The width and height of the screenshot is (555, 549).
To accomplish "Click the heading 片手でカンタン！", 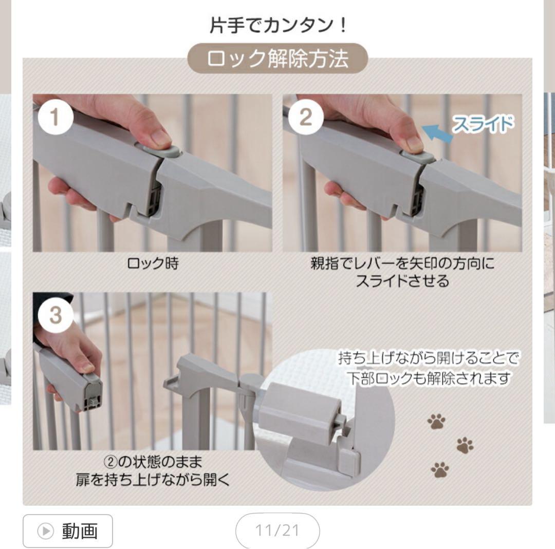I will tap(278, 25).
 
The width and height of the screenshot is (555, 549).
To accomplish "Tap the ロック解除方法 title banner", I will tap(278, 59).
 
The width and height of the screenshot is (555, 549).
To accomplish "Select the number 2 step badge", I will tap(305, 118).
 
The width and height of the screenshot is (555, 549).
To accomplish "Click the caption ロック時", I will tap(153, 264).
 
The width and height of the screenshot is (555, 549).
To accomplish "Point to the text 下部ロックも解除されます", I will tap(429, 378).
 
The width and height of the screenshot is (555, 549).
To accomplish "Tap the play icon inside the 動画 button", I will tap(45, 531).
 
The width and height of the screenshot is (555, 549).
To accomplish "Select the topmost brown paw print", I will tap(436, 422).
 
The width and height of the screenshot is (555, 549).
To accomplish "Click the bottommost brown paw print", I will tap(440, 469).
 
